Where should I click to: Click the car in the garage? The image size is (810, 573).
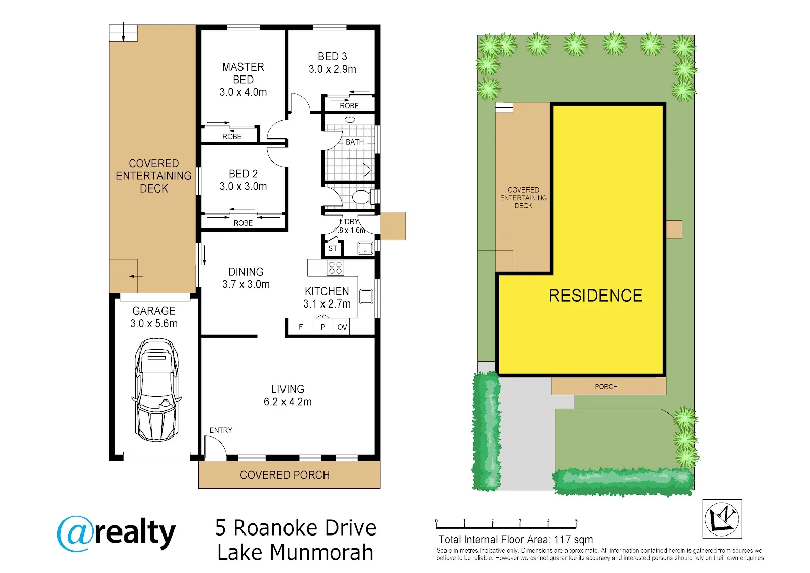tap(156, 390)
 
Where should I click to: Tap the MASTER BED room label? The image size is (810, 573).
tap(243, 73)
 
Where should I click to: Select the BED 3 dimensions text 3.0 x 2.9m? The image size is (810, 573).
tap(332, 69)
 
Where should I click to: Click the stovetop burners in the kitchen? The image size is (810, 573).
tap(335, 268)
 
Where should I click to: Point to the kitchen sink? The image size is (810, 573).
tap(366, 296)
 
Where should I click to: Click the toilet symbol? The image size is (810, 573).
tap(362, 197)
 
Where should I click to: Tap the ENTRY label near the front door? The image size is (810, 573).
tap(221, 430)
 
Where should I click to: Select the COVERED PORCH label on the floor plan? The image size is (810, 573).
tap(285, 475)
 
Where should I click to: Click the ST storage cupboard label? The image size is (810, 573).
tap(333, 248)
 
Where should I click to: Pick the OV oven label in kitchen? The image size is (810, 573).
tap(342, 327)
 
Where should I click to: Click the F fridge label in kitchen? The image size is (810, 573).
tap(301, 327)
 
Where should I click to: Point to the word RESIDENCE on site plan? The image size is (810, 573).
tap(595, 296)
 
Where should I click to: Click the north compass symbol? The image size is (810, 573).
tap(722, 519)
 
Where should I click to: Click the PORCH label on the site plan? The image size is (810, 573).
tap(606, 386)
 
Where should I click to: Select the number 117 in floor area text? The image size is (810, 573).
tap(562, 540)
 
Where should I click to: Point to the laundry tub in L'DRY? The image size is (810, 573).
tap(365, 248)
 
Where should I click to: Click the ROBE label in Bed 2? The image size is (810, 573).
tap(243, 223)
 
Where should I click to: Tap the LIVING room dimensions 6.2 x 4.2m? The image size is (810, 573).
tap(288, 401)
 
